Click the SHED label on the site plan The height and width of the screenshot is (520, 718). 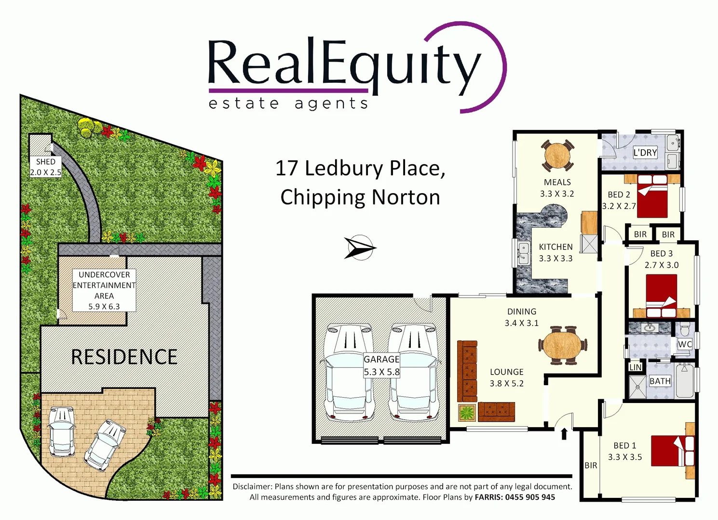[x=46, y=162]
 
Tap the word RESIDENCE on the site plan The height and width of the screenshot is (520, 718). [x=124, y=357]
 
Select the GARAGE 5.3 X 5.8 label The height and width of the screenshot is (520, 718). [x=381, y=365]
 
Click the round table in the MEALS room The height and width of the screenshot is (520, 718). [x=557, y=155]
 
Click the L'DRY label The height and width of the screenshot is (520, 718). [x=645, y=153]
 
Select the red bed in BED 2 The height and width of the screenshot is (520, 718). [x=652, y=196]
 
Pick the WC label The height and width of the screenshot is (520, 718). [x=685, y=344]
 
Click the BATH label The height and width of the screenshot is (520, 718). [x=660, y=381]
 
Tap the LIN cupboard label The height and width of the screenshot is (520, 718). [x=636, y=367]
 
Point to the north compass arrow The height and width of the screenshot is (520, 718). [x=360, y=248]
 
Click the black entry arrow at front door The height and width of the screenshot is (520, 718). [x=564, y=434]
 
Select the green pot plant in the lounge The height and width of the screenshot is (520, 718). [x=467, y=413]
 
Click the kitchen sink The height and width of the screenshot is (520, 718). [x=523, y=252]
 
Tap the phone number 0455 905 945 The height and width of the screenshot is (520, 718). [x=530, y=497]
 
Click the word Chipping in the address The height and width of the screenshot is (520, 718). [x=323, y=197]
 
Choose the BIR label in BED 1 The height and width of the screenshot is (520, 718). [x=591, y=466]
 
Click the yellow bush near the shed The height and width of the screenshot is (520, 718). [x=87, y=128]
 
